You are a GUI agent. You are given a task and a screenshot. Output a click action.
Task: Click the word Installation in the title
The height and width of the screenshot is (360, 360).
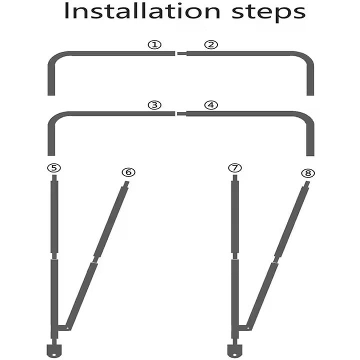(142, 11)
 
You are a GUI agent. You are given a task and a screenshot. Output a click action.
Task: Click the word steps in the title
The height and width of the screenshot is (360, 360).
(268, 13)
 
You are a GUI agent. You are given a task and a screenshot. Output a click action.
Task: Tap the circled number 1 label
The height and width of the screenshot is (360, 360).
(154, 44)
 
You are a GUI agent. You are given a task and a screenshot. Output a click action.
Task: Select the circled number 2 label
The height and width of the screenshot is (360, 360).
(211, 44)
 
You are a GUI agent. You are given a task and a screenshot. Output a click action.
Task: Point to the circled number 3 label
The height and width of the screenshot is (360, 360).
(154, 105)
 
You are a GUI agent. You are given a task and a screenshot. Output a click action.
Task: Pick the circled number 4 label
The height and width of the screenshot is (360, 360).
(211, 105)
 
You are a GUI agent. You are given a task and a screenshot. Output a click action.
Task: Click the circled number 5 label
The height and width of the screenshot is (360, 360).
(54, 168)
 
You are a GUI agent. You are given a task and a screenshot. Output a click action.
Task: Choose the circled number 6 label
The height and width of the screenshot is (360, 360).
(128, 172)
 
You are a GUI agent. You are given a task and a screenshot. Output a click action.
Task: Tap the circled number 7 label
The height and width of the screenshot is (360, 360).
(235, 168)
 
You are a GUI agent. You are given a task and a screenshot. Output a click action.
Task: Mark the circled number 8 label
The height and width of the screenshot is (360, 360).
(308, 173)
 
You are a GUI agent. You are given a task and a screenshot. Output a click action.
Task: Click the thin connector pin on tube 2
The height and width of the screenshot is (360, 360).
(182, 53)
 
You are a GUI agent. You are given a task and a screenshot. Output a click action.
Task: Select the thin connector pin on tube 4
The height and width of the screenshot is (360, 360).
(181, 113)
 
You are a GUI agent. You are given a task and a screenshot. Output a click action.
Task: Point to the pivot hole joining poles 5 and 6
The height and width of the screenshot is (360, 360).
(67, 328)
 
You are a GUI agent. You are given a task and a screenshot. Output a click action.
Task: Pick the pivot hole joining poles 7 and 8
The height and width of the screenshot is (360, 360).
(248, 328)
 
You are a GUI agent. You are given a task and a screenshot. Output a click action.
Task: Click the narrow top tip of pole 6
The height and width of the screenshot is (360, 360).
(126, 184)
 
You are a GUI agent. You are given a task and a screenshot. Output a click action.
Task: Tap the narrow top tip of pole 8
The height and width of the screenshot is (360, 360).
(307, 184)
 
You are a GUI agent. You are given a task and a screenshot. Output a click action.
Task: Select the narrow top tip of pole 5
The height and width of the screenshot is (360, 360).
(54, 178)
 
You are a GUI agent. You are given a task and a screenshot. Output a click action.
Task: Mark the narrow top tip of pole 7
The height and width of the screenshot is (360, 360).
(235, 178)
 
